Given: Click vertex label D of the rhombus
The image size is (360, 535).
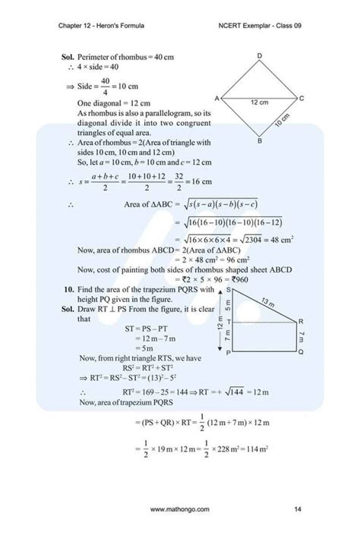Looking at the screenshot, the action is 259,57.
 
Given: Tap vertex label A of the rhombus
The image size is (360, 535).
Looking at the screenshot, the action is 217,99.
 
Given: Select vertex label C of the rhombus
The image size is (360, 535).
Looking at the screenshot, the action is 302,99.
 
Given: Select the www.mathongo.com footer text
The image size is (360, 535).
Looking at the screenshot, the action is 180,508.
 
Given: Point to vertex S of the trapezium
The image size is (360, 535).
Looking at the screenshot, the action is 227,291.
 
